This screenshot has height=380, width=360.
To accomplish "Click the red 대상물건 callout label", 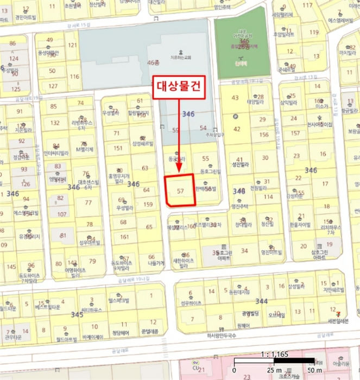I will coord(179,87).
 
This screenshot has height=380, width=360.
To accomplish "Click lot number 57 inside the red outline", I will coord(181,192).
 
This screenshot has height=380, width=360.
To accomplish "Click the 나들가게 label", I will coord(156,263).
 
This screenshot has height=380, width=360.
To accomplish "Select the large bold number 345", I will coord(77,314).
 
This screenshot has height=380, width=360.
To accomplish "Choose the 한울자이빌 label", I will coord(299,224).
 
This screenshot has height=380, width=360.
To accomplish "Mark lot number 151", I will coord(118,148).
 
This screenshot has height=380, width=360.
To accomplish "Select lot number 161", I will coord(125,237).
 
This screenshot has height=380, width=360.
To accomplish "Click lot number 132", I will coord(55,123).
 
